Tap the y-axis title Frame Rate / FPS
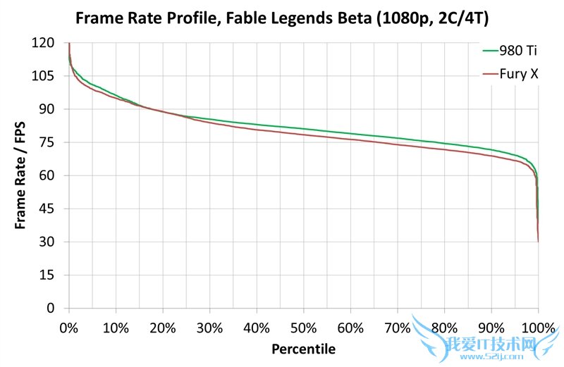(x=21, y=175)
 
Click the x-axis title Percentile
(x=304, y=348)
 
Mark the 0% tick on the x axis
(x=69, y=328)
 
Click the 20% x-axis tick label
(x=163, y=328)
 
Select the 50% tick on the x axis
(x=304, y=328)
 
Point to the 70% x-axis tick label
(x=398, y=328)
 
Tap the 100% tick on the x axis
(x=538, y=328)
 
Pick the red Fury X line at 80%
(x=444, y=149)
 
